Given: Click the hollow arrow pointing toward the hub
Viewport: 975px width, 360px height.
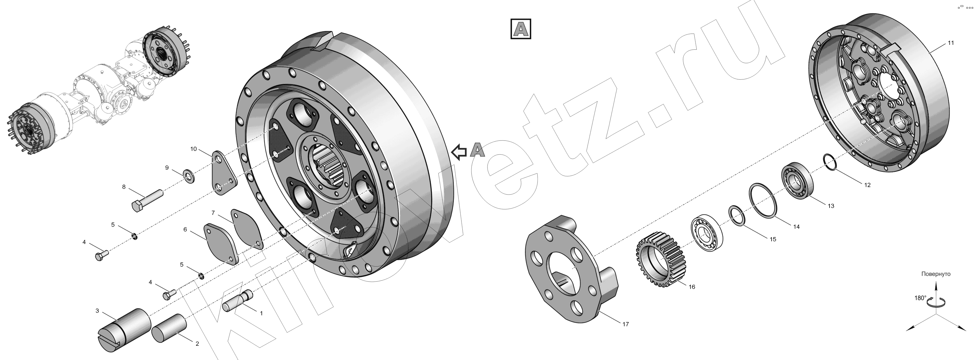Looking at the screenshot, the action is pos(459,152).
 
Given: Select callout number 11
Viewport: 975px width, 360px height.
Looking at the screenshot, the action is pos(951,43).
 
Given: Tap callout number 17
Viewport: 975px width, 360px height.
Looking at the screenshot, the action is pos(626,324).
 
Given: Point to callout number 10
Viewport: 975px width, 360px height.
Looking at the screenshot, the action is pos(193,149).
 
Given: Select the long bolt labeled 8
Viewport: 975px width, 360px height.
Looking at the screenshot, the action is pos(147,201).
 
